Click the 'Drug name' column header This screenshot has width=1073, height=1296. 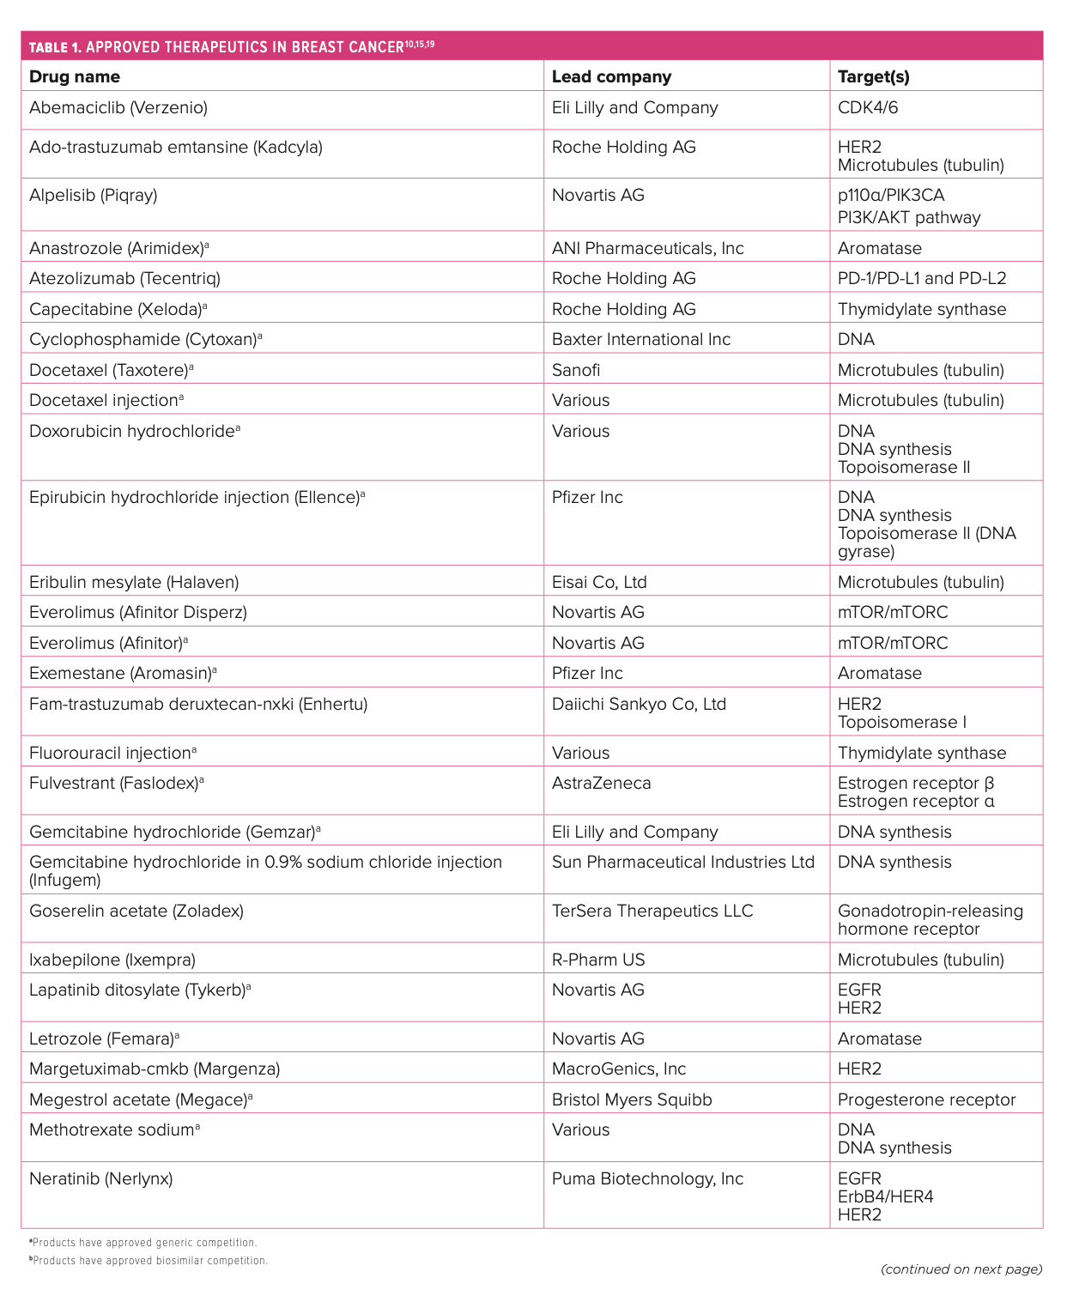(75, 76)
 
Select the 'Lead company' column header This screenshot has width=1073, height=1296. (611, 76)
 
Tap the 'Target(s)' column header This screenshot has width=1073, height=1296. (873, 76)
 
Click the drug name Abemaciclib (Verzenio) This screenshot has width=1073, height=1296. (118, 107)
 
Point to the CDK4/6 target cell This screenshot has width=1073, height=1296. (868, 107)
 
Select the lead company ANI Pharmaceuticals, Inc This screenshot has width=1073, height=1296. (647, 248)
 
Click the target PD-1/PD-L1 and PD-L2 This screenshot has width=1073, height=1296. (922, 278)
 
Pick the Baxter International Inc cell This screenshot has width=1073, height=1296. (640, 339)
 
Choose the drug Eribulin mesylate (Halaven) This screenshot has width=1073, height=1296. (133, 582)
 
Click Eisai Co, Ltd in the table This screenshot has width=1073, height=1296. (599, 582)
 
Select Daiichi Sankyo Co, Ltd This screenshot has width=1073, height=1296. (639, 704)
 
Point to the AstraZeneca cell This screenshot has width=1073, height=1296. (601, 783)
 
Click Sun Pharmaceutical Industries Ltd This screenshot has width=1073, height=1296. (682, 862)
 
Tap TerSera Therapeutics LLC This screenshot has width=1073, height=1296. (652, 911)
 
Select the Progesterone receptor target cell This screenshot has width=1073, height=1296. (926, 1099)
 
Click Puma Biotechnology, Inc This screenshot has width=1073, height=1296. (647, 1178)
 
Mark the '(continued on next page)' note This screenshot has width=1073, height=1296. (961, 1269)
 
